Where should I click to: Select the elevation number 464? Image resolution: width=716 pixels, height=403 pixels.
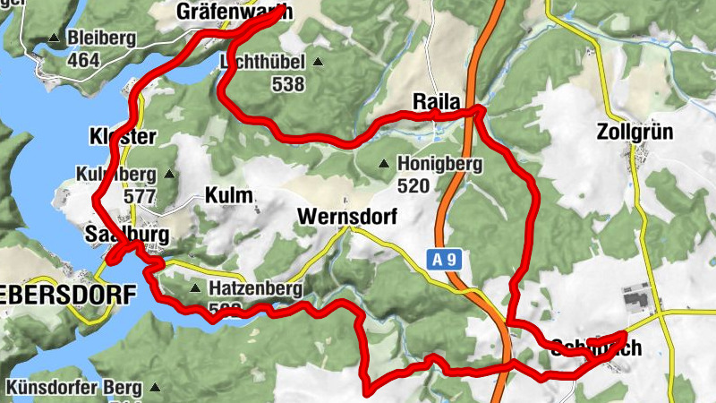(x=83, y=60)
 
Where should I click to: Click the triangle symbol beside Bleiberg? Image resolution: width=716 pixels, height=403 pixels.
(x=54, y=39)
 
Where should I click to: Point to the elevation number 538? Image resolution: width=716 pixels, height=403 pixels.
(x=288, y=85)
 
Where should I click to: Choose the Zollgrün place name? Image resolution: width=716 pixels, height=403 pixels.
(x=634, y=133)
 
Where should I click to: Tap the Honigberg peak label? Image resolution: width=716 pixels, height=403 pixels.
(x=439, y=165)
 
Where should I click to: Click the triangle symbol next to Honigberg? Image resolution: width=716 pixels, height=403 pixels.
(x=384, y=164)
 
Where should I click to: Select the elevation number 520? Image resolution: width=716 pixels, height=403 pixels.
(x=413, y=186)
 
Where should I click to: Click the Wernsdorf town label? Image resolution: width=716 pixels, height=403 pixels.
(x=346, y=217)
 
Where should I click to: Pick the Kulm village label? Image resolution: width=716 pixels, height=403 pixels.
(x=230, y=195)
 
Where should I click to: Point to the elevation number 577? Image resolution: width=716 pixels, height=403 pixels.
(x=140, y=197)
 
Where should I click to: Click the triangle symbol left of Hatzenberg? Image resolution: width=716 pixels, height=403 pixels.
(x=195, y=288)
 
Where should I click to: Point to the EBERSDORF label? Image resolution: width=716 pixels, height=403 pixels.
(x=67, y=294)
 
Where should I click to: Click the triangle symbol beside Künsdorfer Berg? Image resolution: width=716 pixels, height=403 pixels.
(x=155, y=388)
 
